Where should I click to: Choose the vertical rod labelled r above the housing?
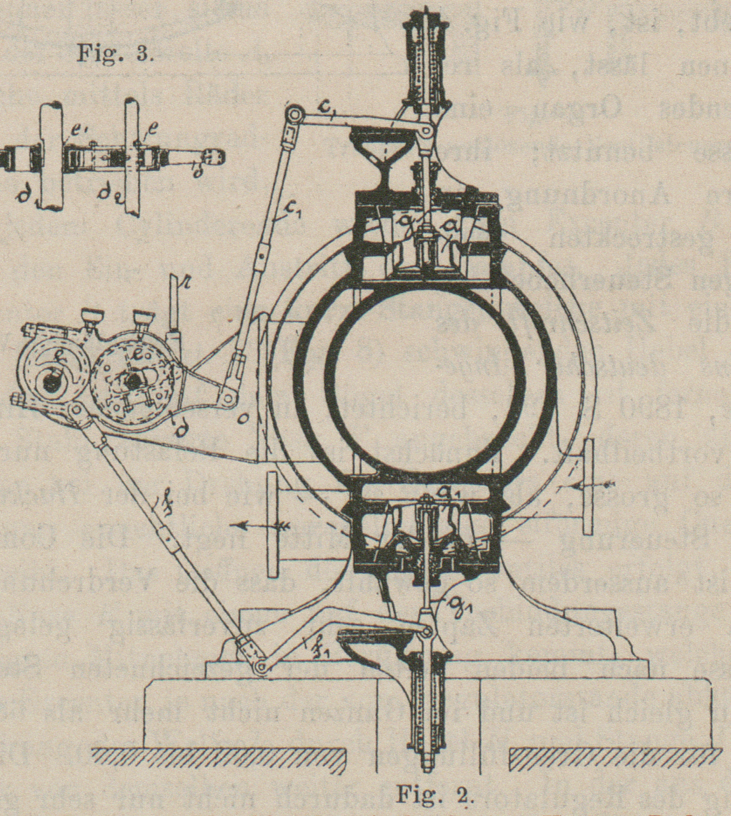(x=175, y=305)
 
